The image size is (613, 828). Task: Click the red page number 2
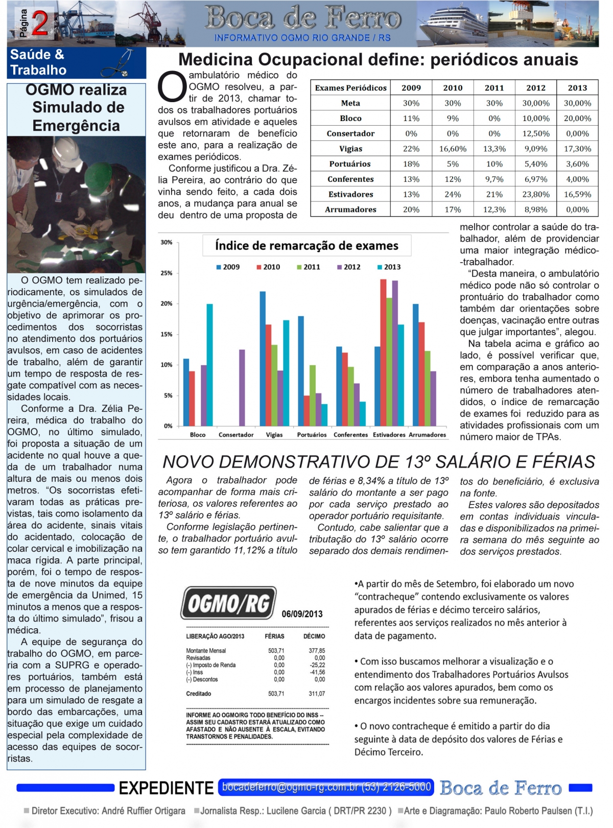point(40,23)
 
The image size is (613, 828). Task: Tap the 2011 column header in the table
point(494,88)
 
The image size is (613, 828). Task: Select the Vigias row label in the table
point(350,149)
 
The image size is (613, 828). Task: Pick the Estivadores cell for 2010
point(453,194)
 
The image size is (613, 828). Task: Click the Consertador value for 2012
point(536,133)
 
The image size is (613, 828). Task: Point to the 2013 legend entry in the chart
point(389,267)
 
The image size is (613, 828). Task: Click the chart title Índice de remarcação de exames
point(306,246)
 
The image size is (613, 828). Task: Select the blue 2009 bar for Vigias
point(263,358)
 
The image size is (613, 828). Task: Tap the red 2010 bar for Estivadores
point(383,352)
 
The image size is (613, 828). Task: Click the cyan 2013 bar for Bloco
point(209,365)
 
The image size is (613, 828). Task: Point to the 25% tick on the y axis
point(167,273)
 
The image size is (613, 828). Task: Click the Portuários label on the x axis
point(312,435)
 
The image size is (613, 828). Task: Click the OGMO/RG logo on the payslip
point(228,604)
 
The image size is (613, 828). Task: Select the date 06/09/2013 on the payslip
point(302,614)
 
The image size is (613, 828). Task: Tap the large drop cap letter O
point(172,88)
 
